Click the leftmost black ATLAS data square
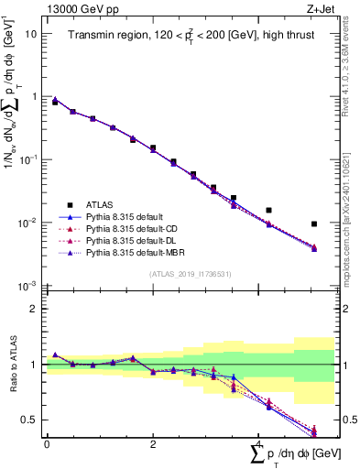(x=55, y=103)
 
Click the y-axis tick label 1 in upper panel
(x=35, y=96)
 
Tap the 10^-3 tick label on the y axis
(x=29, y=287)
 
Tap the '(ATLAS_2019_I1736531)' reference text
(x=190, y=273)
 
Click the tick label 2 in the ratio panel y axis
(x=35, y=309)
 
